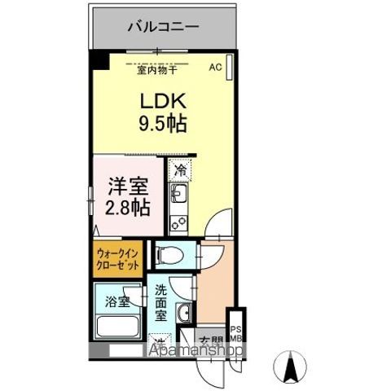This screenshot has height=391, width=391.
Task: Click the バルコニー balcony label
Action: click(163, 26)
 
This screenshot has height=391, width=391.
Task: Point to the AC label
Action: click(216, 68)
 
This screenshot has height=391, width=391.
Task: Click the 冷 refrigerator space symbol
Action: click(180, 173)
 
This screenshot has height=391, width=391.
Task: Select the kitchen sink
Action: click(179, 195)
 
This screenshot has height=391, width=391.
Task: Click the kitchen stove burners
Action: click(178, 218)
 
